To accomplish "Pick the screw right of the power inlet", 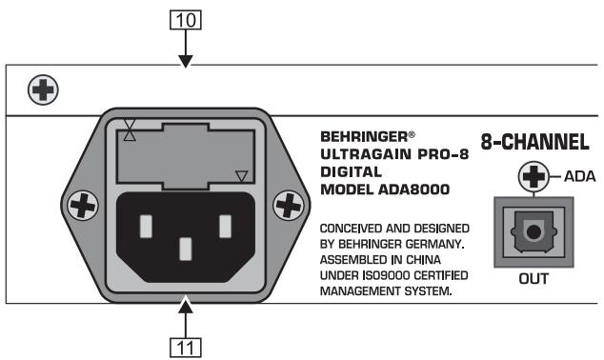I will pyautogui.click(x=285, y=205).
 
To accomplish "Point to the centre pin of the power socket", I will pyautogui.click(x=183, y=250).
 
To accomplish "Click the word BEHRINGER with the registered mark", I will pyautogui.click(x=365, y=136).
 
